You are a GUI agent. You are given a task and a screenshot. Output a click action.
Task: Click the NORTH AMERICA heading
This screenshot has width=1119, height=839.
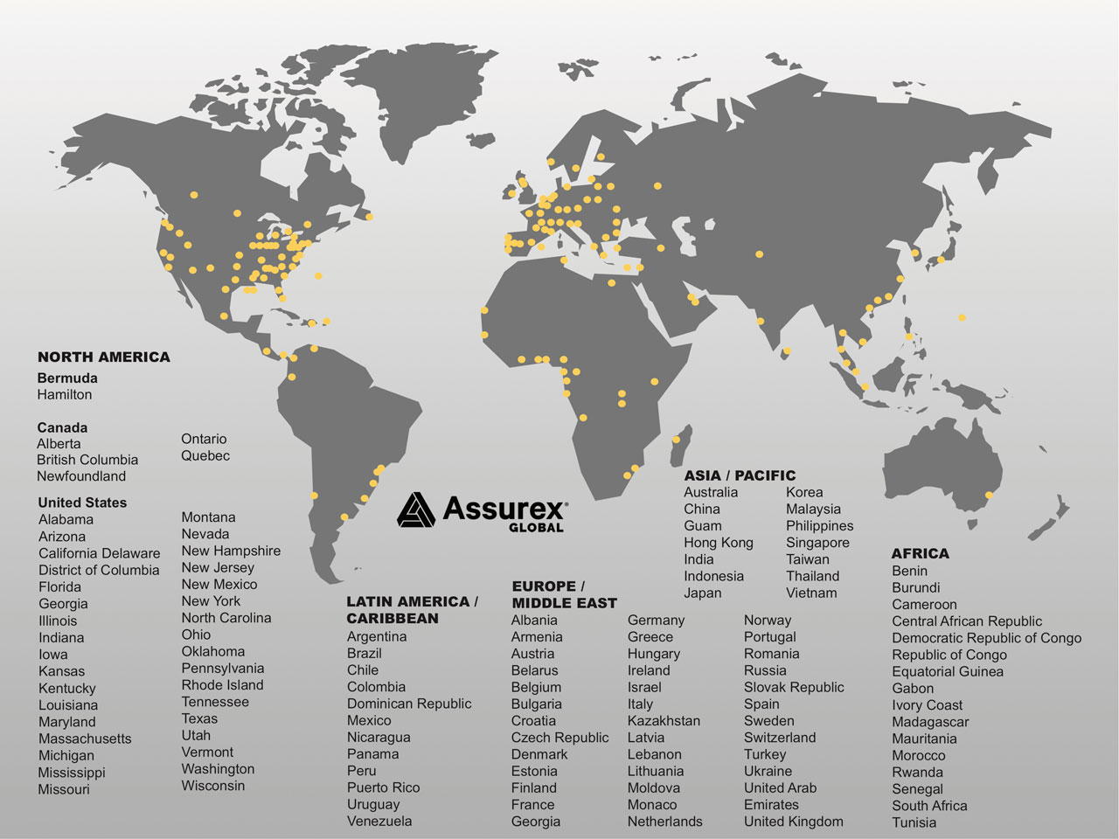tap(103, 357)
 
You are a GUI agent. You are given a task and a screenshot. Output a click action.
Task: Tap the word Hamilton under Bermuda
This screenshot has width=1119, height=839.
tap(64, 394)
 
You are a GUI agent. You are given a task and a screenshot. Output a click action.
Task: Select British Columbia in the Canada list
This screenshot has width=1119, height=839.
tap(87, 460)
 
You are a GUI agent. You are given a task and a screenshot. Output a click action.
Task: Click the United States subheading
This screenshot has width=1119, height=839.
tap(82, 503)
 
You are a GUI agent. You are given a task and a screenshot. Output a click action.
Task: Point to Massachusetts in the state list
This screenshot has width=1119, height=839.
tap(85, 738)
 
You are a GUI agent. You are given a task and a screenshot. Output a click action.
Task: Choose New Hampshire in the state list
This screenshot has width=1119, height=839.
tap(231, 551)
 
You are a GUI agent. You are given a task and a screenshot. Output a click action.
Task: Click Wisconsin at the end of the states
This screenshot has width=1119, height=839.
tap(213, 786)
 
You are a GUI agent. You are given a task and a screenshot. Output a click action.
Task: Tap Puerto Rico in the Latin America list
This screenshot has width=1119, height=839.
tap(383, 787)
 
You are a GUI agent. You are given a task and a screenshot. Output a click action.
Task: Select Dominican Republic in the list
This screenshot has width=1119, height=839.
tap(408, 704)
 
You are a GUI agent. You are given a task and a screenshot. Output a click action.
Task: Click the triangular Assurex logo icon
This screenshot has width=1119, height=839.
tap(416, 510)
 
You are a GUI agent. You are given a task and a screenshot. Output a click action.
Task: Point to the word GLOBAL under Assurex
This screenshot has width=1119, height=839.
tap(536, 527)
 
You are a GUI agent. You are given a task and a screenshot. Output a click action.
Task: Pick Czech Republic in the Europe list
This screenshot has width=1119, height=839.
tap(559, 738)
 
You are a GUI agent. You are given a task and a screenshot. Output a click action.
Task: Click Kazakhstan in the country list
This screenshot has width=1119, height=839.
tap(664, 721)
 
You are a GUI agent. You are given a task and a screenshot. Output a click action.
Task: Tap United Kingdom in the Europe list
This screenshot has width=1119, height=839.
tap(793, 822)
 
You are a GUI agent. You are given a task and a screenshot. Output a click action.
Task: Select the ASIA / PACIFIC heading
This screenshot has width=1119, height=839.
tap(740, 475)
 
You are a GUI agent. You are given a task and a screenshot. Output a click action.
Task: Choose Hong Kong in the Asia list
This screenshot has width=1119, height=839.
tap(718, 543)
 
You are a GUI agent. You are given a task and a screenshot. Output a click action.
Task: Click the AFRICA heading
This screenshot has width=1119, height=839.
tap(920, 553)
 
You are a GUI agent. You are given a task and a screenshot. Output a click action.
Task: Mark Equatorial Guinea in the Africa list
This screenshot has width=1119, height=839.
tap(947, 671)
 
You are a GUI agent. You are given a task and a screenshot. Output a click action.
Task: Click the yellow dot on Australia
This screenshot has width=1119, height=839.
tap(989, 496)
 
